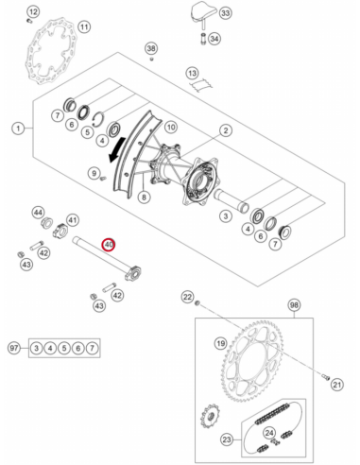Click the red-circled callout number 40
point(109,245)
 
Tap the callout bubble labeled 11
point(84,26)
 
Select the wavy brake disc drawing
point(51,51)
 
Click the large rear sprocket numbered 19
point(253,361)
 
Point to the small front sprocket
point(210,416)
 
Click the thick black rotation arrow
point(117,149)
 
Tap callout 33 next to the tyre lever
point(225,13)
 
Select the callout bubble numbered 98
point(294,305)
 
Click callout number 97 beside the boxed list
point(14,348)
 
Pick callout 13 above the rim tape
point(192,73)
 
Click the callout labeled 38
point(151,48)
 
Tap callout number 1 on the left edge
point(18,129)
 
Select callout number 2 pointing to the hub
point(226,130)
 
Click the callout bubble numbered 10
point(171,127)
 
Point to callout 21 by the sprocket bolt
point(337,385)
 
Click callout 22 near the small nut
point(188,297)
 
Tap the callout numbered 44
point(39,213)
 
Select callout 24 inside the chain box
point(269,433)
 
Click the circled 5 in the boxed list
point(64,348)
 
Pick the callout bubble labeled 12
point(33,12)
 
